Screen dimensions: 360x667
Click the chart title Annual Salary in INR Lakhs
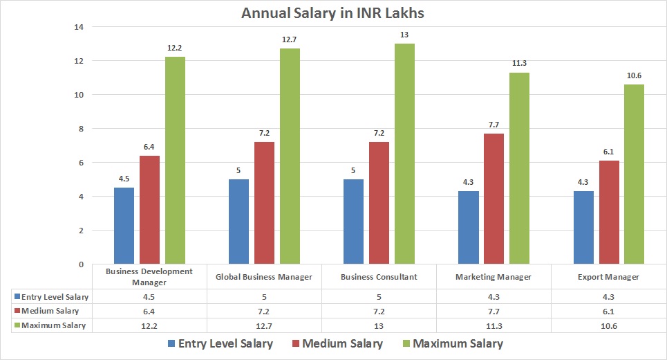point(334,12)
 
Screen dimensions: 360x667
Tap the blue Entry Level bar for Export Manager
point(584,228)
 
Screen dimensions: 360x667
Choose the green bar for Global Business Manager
point(290,156)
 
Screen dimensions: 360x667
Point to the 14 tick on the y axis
point(78,27)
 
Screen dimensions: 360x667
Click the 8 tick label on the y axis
point(80,129)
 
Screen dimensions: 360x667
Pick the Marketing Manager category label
point(494,277)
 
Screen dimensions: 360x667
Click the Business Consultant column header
point(379,277)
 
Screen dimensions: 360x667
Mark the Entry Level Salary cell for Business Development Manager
point(149,297)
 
